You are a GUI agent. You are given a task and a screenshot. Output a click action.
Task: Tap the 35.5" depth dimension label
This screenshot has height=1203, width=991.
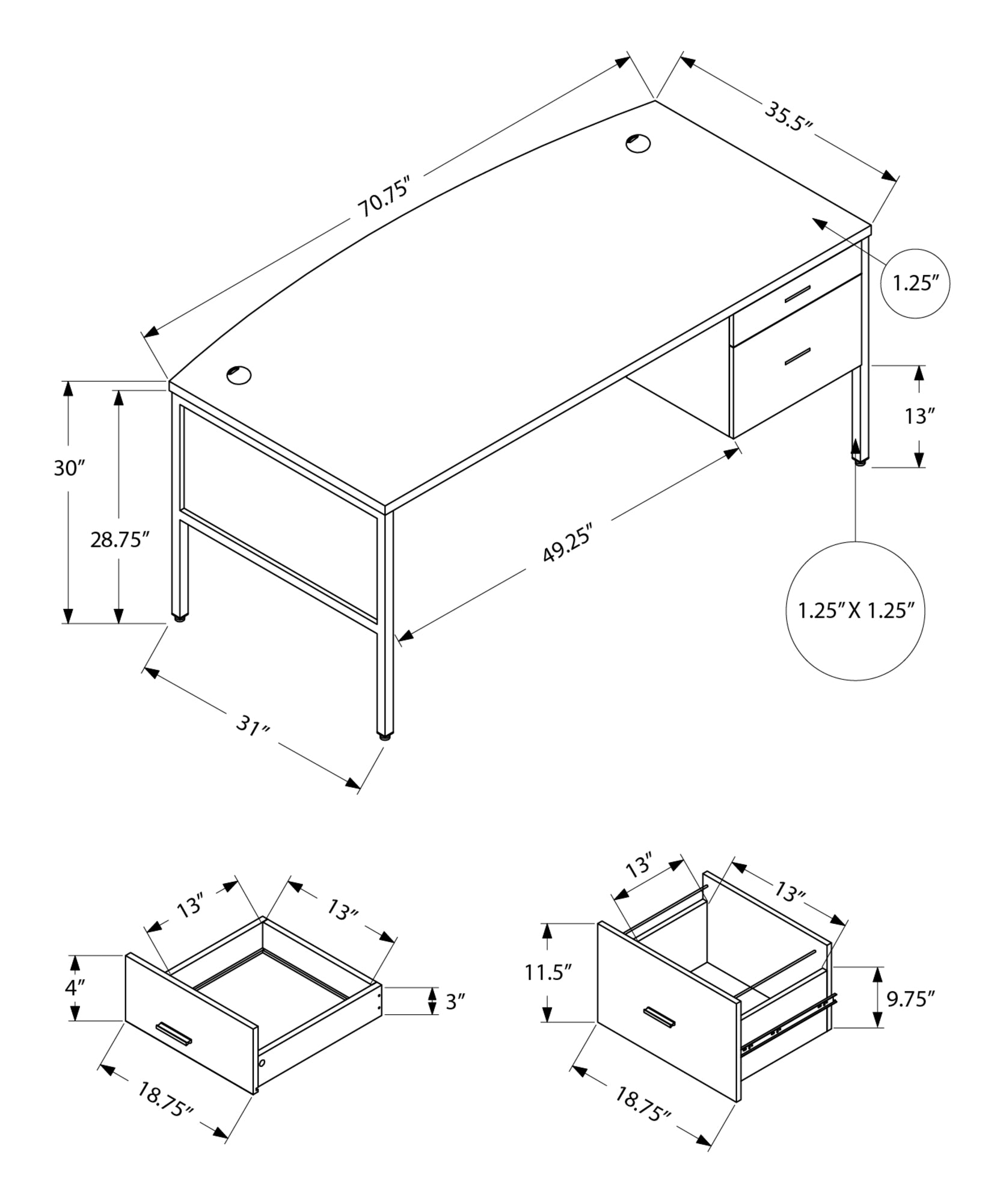click(x=788, y=118)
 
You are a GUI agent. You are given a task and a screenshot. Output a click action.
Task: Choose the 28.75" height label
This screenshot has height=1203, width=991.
click(x=119, y=540)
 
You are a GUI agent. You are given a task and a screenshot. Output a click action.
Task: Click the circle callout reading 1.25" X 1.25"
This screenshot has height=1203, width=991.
click(x=855, y=611)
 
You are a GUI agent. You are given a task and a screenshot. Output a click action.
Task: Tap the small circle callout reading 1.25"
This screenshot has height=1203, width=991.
click(x=915, y=283)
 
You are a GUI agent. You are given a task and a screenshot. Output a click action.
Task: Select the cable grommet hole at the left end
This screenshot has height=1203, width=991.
click(x=239, y=375)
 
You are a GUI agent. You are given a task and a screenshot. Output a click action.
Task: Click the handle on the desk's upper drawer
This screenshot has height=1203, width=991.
click(x=797, y=293)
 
